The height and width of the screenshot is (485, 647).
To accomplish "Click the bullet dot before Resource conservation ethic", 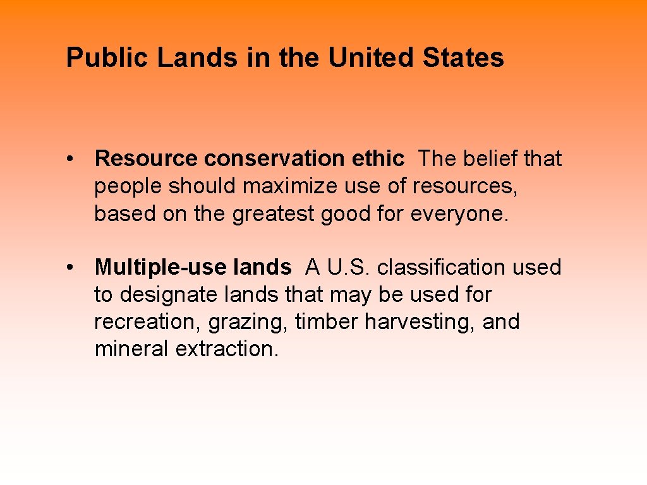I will [74, 159].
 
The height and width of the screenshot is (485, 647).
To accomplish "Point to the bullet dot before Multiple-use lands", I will [74, 268].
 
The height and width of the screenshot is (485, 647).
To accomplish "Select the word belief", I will [491, 159].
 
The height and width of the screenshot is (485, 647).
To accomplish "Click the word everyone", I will [459, 213].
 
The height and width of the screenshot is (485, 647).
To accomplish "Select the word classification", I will [442, 268].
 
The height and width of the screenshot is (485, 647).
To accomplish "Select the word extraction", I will [227, 349].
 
